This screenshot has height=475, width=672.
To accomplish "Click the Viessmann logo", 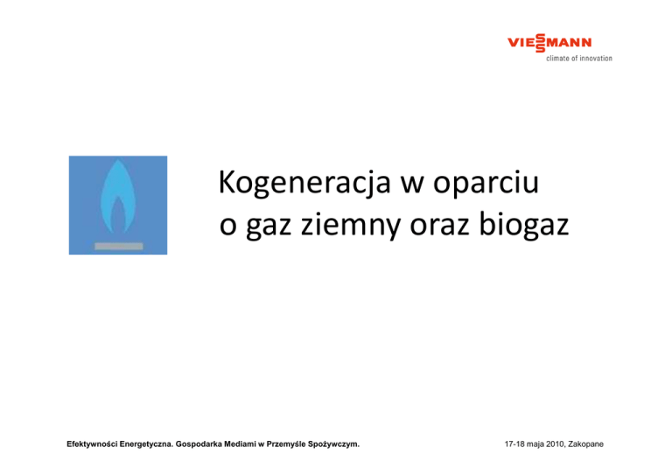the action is (549, 43).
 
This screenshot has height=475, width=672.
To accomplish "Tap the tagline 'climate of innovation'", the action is (579, 59).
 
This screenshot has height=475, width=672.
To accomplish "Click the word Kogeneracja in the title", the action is (304, 183).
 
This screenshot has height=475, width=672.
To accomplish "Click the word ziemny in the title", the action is (351, 225).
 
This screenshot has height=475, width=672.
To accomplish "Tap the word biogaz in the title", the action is (523, 224).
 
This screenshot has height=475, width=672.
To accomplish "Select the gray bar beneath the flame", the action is (119, 246).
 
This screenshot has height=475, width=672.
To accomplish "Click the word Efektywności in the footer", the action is (92, 444).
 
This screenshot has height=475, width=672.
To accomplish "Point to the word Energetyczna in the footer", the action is (147, 444).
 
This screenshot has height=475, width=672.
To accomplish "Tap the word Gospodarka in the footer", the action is (199, 444).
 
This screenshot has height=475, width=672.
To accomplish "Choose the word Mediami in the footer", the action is (240, 444).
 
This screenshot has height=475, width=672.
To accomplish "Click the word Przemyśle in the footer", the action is (286, 444).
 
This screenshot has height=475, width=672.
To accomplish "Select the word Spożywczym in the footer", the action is (333, 444).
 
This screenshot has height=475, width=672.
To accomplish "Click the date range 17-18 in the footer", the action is (514, 444).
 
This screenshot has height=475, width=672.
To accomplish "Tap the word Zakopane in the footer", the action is (586, 444).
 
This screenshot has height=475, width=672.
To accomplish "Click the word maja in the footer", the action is (535, 444).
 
